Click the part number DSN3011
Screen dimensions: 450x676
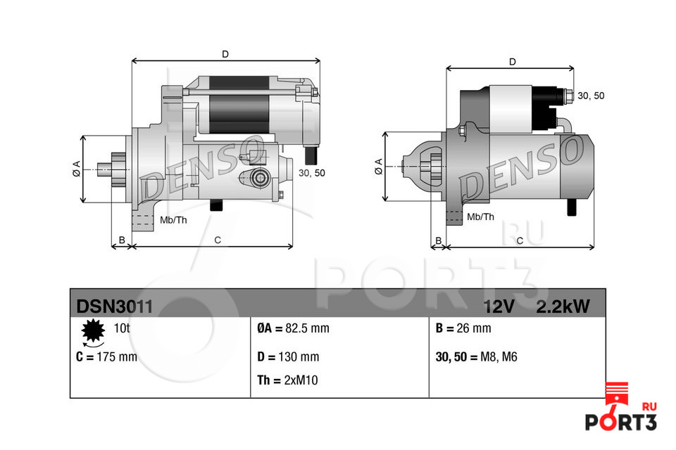pyautogui.click(x=109, y=307)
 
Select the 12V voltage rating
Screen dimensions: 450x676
pyautogui.click(x=499, y=307)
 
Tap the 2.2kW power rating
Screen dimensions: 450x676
pyautogui.click(x=563, y=307)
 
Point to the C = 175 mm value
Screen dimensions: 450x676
pyautogui.click(x=106, y=356)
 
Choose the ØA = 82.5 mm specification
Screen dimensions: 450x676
pyautogui.click(x=293, y=328)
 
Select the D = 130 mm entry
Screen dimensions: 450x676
pyautogui.click(x=288, y=356)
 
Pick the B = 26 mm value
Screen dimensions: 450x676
pyautogui.click(x=463, y=328)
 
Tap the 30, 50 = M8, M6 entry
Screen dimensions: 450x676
pyautogui.click(x=477, y=356)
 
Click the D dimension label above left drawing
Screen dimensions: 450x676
pyautogui.click(x=225, y=53)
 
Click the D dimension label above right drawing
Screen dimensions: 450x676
pyautogui.click(x=512, y=62)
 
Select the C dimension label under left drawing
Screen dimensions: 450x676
pyautogui.click(x=218, y=240)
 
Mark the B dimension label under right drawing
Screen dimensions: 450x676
pyautogui.click(x=438, y=240)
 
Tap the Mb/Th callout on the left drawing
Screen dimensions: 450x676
pyautogui.click(x=173, y=220)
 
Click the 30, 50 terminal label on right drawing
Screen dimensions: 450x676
pyautogui.click(x=590, y=96)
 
